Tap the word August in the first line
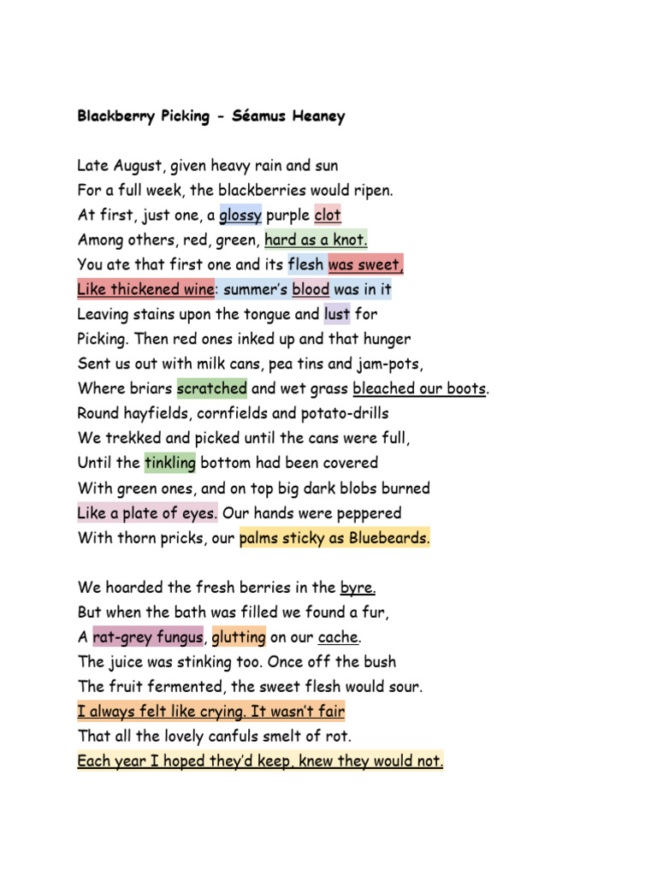coord(138,165)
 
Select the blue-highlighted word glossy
coord(240,215)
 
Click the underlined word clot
coord(328,215)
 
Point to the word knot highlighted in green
coord(349,240)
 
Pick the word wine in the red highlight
coord(193,289)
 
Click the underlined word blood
coord(311,289)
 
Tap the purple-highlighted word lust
coord(337,314)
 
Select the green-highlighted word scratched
coord(211,388)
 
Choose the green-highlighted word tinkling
coord(170,463)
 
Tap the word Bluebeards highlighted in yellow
coord(389,538)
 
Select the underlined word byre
coord(358,588)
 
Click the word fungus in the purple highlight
coord(175,637)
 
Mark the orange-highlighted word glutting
coord(239,637)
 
